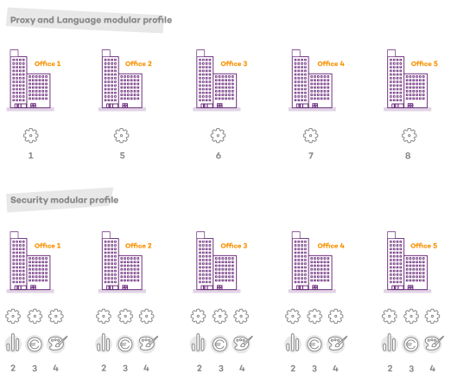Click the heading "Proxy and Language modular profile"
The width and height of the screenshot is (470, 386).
pyautogui.click(x=91, y=20)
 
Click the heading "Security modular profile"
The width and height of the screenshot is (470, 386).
pyautogui.click(x=65, y=200)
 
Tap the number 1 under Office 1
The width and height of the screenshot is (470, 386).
pyautogui.click(x=30, y=156)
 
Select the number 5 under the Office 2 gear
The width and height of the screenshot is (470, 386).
pyautogui.click(x=123, y=156)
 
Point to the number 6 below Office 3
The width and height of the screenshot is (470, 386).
pyautogui.click(x=219, y=156)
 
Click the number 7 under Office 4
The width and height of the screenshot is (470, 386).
pyautogui.click(x=311, y=156)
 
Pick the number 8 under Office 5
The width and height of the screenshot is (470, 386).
pyautogui.click(x=408, y=156)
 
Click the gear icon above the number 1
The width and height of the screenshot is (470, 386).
pyautogui.click(x=31, y=136)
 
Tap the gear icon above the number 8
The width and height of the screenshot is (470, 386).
pyautogui.click(x=410, y=136)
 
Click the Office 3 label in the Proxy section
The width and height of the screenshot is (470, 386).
pyautogui.click(x=234, y=64)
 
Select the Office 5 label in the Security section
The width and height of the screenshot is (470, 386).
pyautogui.click(x=424, y=246)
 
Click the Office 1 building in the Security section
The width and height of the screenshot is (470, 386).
pyautogui.click(x=30, y=261)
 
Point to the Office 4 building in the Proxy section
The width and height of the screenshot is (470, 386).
pyautogui.click(x=312, y=80)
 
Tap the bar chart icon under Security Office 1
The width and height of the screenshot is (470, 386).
pyautogui.click(x=13, y=343)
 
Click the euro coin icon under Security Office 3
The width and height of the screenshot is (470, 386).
pyautogui.click(x=219, y=344)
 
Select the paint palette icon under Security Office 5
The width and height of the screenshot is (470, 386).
pyautogui.click(x=434, y=344)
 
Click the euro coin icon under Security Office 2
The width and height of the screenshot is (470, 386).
pyautogui.click(x=125, y=344)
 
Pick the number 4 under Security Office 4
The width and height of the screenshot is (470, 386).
pyautogui.click(x=335, y=368)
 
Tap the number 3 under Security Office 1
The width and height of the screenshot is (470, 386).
pyautogui.click(x=35, y=368)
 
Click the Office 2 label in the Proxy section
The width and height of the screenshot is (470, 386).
pyautogui.click(x=138, y=64)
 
